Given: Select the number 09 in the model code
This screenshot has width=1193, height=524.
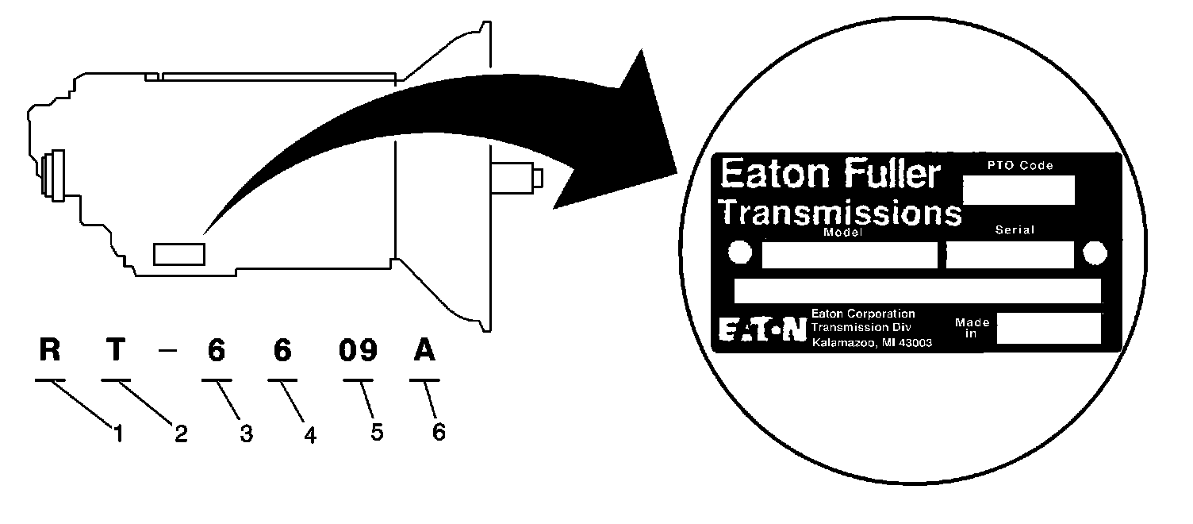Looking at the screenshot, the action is pos(357,351).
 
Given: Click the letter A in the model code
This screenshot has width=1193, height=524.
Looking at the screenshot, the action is pos(425,351).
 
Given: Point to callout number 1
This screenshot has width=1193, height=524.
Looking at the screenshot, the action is pos(117,433).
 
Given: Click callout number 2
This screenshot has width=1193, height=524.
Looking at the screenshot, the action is pos(182,434).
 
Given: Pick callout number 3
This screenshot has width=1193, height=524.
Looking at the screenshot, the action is pos(247,434).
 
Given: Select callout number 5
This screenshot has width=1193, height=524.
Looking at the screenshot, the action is pos(376,433).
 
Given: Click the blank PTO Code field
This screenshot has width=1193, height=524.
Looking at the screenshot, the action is pos(1018,191).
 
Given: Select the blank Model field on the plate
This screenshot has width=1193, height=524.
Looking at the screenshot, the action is pos(849,254).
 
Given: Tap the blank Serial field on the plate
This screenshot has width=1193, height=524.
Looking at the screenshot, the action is pos(1009,254).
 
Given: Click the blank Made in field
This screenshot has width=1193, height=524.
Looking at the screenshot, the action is pos(1048,328).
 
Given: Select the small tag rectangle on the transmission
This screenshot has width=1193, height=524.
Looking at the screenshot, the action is pos(179,254).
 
